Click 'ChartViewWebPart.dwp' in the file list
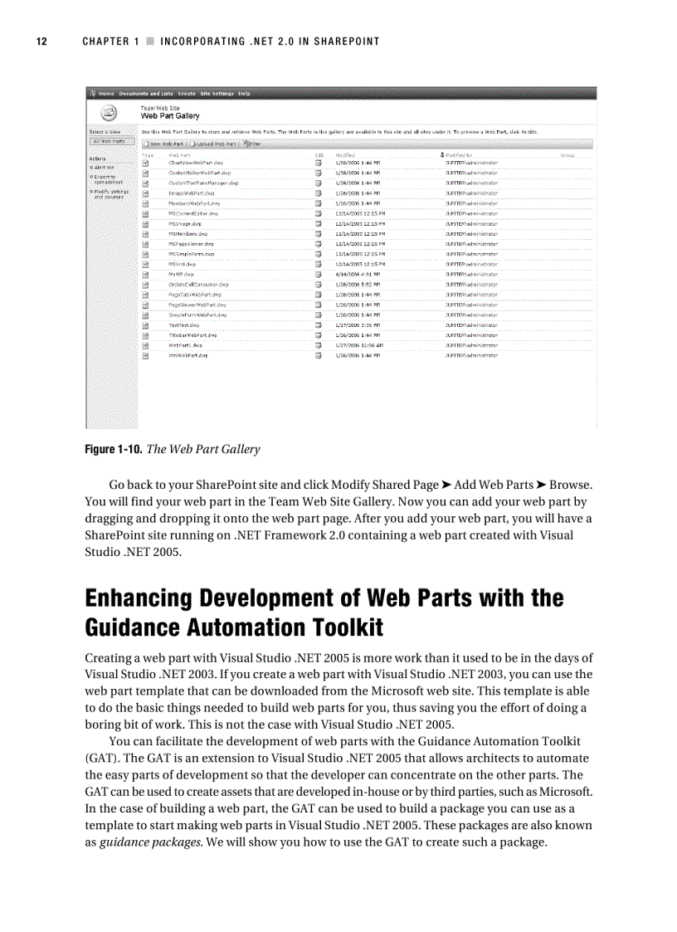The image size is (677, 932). click(x=195, y=163)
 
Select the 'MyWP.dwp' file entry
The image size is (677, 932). click(x=181, y=274)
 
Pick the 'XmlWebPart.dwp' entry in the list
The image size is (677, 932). click(x=188, y=355)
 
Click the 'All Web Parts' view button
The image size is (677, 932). click(x=107, y=142)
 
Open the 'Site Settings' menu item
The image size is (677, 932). click(x=217, y=94)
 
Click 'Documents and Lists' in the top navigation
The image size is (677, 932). click(x=146, y=94)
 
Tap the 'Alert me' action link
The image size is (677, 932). click(x=104, y=167)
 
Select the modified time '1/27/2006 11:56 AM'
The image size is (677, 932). click(x=359, y=345)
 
